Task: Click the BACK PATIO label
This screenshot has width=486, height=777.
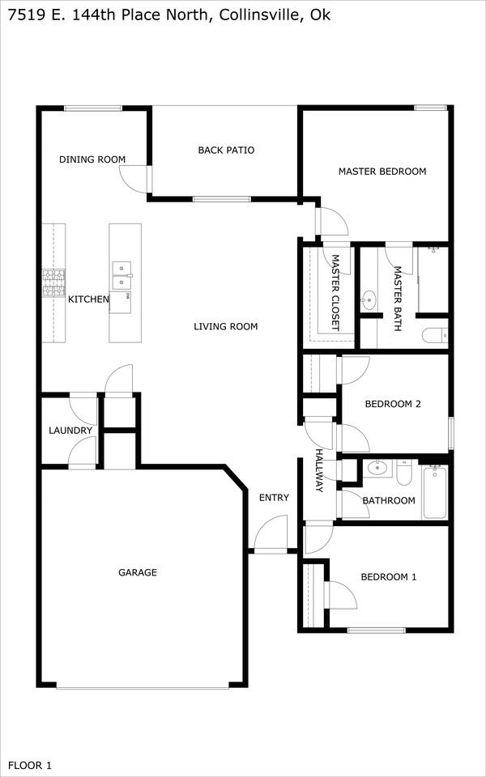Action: click(x=226, y=150)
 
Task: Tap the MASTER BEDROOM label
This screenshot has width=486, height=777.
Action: click(x=382, y=172)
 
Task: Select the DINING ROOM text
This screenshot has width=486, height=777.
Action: click(x=92, y=159)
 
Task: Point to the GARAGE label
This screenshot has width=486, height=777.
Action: click(x=138, y=572)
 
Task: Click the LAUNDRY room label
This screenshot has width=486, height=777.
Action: click(x=70, y=431)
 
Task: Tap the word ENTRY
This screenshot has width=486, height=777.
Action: click(x=274, y=498)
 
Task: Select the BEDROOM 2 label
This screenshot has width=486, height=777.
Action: click(x=393, y=404)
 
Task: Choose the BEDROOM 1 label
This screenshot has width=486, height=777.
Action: click(x=388, y=577)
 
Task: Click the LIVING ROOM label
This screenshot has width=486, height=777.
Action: click(x=226, y=326)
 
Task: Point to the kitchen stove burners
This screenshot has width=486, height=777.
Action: click(x=53, y=283)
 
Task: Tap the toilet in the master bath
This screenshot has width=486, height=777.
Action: click(x=435, y=337)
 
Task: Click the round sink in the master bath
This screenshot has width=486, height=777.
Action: click(x=369, y=299)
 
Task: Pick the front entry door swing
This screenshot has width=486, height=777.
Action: click(x=271, y=533)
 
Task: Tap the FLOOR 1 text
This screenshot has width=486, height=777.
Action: click(x=30, y=765)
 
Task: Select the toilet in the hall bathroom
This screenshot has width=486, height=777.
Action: click(x=403, y=472)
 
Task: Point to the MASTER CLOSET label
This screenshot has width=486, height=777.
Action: click(x=335, y=293)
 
